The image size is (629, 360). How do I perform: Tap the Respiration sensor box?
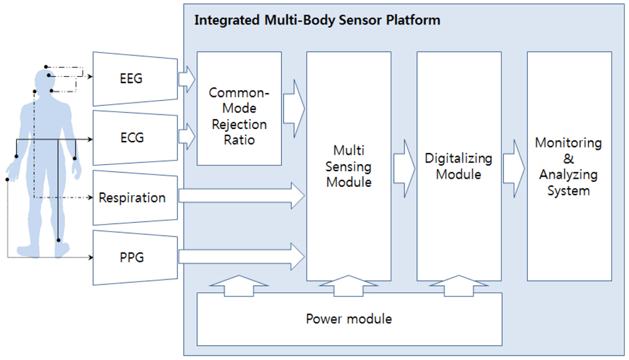click(132, 198)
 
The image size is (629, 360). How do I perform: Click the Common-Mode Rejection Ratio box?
click(239, 109)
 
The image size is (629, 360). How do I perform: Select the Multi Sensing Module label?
click(348, 166)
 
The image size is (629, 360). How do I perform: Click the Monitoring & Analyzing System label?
click(569, 166)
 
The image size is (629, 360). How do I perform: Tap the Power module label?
click(348, 318)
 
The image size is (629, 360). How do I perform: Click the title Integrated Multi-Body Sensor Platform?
click(317, 20)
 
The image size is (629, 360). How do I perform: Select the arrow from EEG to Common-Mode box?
click(187, 79)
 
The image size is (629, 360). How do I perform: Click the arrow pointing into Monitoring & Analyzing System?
click(514, 166)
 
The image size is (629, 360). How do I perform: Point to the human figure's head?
click(43, 81)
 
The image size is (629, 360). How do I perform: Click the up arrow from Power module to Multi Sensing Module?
click(348, 284)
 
